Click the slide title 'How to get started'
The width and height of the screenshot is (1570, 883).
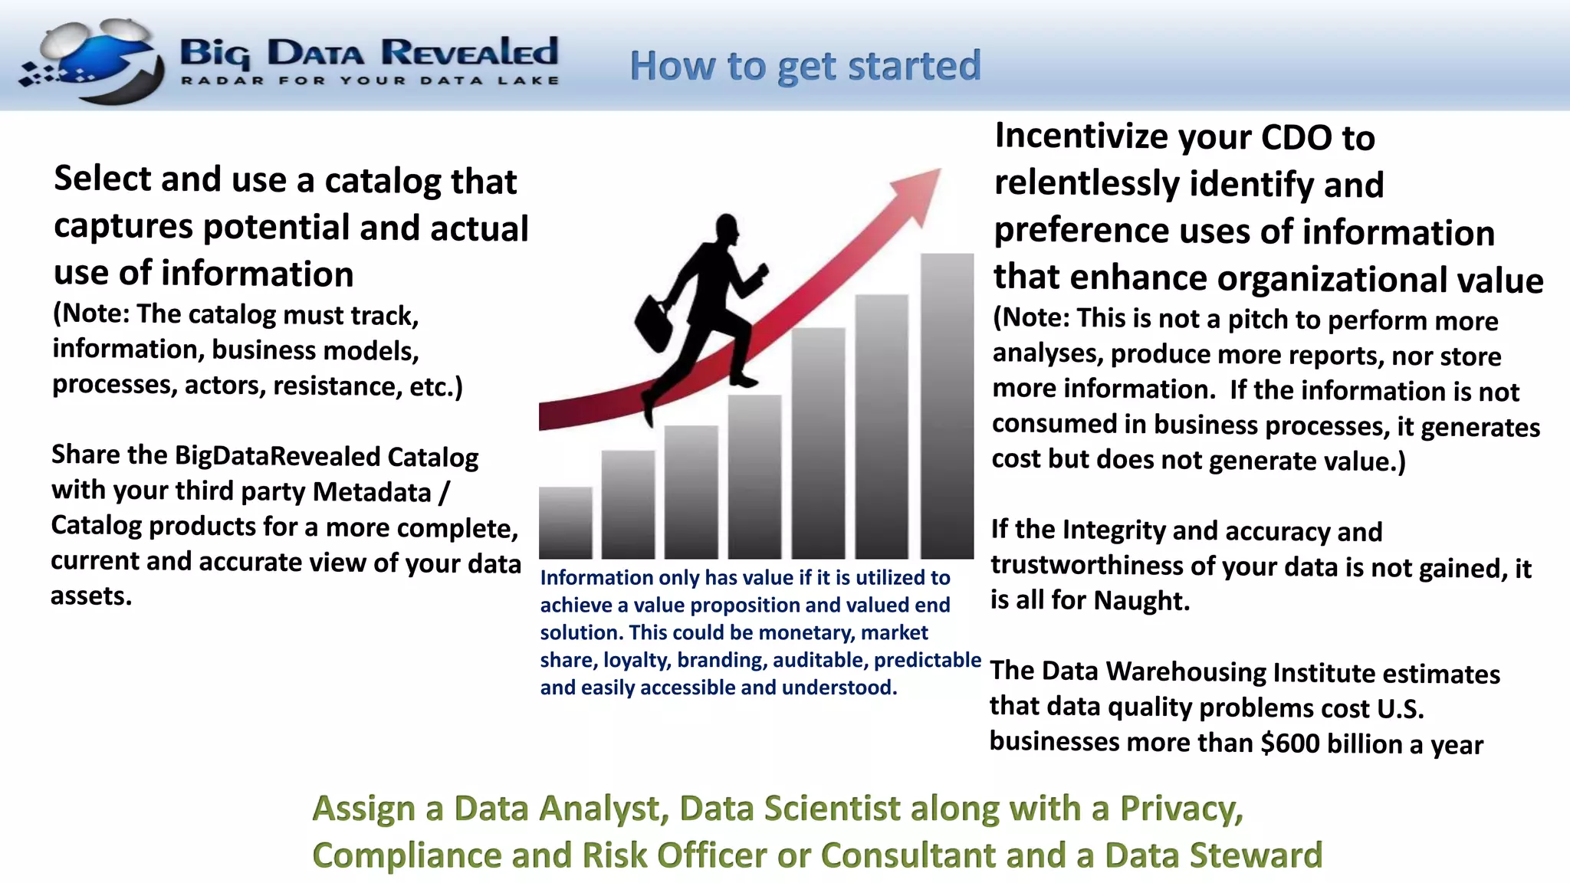coord(805,66)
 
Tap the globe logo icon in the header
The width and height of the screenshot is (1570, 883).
coord(92,61)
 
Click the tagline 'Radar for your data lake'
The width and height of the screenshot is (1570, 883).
coord(370,80)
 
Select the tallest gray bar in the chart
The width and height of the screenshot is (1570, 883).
coord(947,406)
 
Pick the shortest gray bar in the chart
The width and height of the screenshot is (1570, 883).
coord(566,523)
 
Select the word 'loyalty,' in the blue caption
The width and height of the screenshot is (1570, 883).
coord(636,660)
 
